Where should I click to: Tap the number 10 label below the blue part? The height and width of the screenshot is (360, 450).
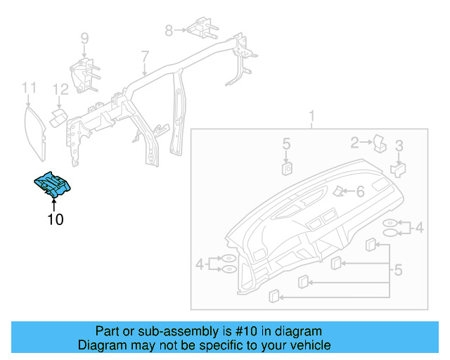point(55,220)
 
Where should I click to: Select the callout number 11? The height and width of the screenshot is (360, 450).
point(28,88)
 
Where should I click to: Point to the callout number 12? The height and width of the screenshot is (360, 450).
point(61,89)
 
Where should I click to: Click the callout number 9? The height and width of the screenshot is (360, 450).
point(84,39)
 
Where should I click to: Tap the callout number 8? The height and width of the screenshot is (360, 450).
point(169,30)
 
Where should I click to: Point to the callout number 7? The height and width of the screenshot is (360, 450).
point(145,56)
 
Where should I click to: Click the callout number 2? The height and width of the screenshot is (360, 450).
point(355,143)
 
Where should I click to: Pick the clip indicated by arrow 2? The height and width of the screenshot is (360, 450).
point(379,143)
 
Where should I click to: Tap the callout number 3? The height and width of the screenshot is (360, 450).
point(399,146)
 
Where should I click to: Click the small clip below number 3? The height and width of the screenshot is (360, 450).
point(397,169)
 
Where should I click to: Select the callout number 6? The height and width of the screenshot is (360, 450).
point(360,191)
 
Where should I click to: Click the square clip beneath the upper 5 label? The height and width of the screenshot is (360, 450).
point(287,167)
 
